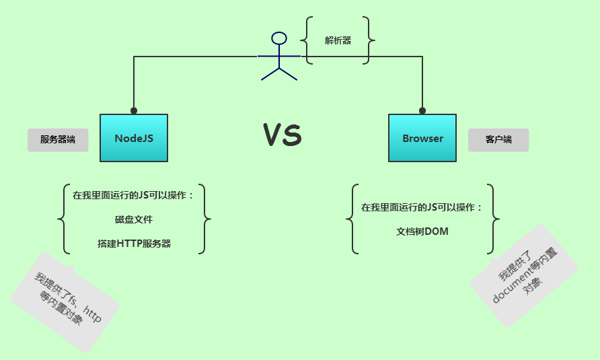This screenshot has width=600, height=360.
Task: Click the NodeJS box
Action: click(x=134, y=138)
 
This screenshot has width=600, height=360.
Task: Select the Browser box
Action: click(x=422, y=138)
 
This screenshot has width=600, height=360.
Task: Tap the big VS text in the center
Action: click(x=282, y=135)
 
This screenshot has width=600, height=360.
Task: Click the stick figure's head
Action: click(x=278, y=38)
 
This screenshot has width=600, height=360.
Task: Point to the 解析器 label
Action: click(x=338, y=40)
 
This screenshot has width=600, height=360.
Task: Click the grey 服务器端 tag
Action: click(x=58, y=140)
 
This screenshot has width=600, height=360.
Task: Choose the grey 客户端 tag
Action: click(x=498, y=140)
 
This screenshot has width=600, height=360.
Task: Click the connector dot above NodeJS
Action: click(x=134, y=110)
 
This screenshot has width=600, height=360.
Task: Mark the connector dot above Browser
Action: click(x=422, y=110)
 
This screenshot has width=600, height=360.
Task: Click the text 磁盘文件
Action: click(x=134, y=219)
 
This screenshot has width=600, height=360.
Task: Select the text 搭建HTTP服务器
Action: click(x=134, y=244)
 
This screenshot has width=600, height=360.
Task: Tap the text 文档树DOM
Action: click(x=422, y=231)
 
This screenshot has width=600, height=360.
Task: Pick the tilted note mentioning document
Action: click(x=525, y=275)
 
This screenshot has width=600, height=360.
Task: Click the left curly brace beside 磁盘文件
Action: click(x=63, y=219)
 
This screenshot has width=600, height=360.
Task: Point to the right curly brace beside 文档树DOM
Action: click(x=495, y=219)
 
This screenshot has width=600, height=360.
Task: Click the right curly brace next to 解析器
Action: click(x=370, y=40)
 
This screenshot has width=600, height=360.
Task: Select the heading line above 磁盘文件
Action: click(x=134, y=196)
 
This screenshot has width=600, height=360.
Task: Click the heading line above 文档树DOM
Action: click(x=422, y=207)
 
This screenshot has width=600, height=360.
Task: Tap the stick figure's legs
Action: click(x=278, y=73)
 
